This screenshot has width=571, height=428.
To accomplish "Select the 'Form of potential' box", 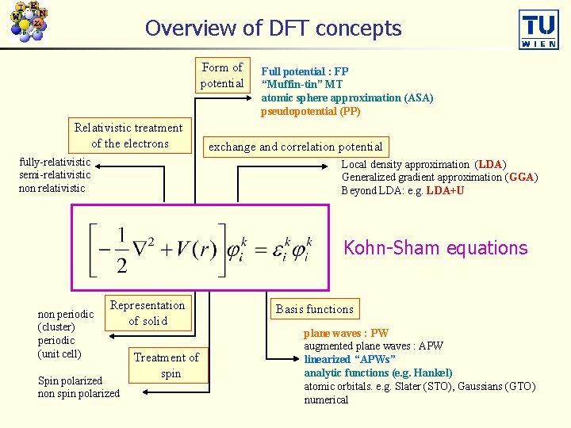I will (x=222, y=75).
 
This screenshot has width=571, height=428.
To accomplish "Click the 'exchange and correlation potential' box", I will (x=295, y=147).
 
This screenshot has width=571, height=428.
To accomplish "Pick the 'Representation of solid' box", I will (x=148, y=313).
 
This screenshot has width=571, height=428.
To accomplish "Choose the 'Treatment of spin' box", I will (x=167, y=365).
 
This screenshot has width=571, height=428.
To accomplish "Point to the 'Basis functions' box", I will (x=314, y=309).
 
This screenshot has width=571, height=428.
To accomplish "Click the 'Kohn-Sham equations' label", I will (x=435, y=248).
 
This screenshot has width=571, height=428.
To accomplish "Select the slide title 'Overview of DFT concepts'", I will (x=273, y=29).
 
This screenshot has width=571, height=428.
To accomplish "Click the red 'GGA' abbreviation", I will (x=519, y=178).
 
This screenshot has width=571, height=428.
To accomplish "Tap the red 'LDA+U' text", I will (x=445, y=191).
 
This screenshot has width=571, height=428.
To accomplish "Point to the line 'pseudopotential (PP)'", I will (x=311, y=111).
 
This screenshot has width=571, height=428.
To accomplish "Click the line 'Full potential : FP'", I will (x=305, y=71).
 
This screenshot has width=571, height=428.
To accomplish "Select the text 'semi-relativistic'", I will (x=55, y=174).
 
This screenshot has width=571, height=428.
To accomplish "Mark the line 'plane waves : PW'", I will (x=346, y=334).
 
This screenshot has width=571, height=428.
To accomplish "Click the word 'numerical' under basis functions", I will (x=326, y=399).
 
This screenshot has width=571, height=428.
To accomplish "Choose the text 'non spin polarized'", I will (x=79, y=394).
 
